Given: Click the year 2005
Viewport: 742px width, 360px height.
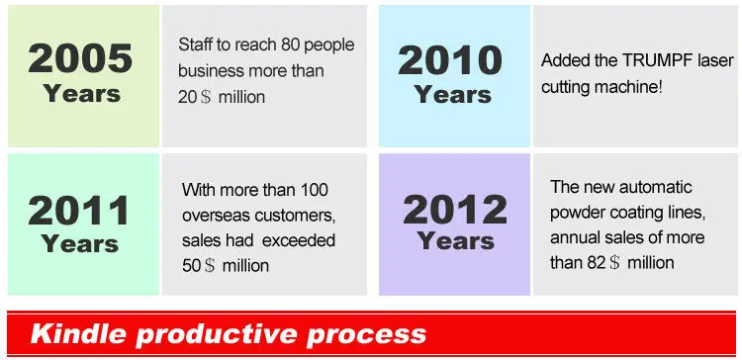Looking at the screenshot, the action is pos(80,58).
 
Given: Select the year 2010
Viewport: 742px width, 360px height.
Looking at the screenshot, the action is pos(450,60).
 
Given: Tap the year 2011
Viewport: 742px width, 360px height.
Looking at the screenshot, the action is pos(78,210).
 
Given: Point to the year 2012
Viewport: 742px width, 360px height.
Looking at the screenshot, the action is pos(455,210).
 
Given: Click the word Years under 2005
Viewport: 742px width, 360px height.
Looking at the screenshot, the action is pos(82,94).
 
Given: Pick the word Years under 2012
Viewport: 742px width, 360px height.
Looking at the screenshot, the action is pos(456,240).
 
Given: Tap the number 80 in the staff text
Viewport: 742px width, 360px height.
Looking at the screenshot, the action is pos(290,45).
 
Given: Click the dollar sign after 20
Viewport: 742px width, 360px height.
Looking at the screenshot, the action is pos(206,98).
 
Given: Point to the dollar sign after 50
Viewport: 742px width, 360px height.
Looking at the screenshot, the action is pos(210,265).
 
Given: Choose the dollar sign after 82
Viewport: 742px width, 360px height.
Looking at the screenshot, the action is pos(614,263).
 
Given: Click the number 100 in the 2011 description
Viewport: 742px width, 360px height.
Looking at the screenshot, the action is pos(314,190).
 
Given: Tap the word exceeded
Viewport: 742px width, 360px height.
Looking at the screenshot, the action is pos(299,240).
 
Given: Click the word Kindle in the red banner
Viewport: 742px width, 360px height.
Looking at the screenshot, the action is pos(79,334).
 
